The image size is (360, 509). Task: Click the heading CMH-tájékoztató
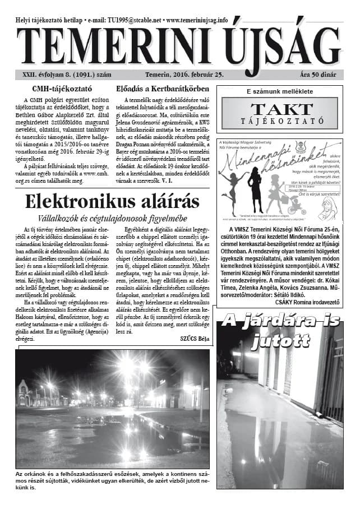coord(63,89)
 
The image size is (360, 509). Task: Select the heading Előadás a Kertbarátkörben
coord(162,89)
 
